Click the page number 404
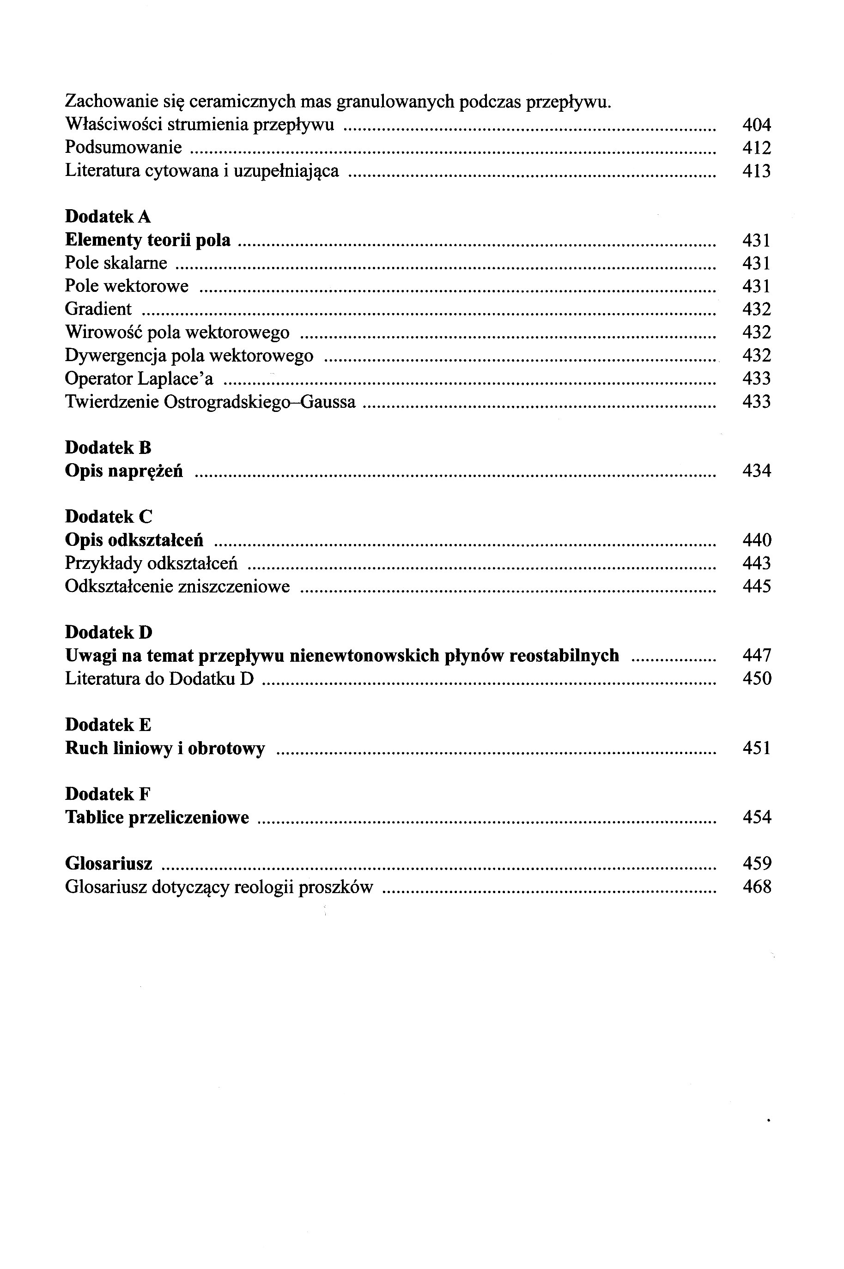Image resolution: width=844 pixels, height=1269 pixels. pyautogui.click(x=756, y=125)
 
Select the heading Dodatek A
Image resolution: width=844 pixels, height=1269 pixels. pyautogui.click(x=108, y=217)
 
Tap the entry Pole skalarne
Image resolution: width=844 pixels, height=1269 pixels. pyautogui.click(x=116, y=263)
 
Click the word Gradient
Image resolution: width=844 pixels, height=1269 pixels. pyautogui.click(x=98, y=309)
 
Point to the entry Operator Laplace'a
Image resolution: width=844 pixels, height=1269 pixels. pyautogui.click(x=139, y=379)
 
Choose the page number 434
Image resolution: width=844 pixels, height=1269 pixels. pyautogui.click(x=756, y=471)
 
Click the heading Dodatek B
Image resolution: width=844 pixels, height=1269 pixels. pyautogui.click(x=108, y=447)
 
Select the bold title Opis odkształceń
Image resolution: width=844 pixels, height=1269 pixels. pyautogui.click(x=134, y=540)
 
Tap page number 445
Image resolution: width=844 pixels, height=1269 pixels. pyautogui.click(x=756, y=586)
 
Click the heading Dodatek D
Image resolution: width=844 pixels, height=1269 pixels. pyautogui.click(x=108, y=632)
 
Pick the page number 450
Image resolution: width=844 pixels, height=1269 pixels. pyautogui.click(x=756, y=679)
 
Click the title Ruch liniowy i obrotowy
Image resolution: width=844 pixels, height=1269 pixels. pyautogui.click(x=165, y=748)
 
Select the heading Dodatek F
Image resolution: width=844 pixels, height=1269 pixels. pyautogui.click(x=108, y=794)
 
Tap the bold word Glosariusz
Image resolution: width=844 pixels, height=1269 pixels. pyautogui.click(x=108, y=864)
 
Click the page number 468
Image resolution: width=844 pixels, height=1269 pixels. pyautogui.click(x=756, y=887)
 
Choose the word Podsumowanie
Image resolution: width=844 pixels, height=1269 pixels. pyautogui.click(x=123, y=148)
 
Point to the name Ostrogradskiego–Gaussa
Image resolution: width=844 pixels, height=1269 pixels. pyautogui.click(x=260, y=402)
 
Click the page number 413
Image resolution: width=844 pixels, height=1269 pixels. pyautogui.click(x=756, y=171)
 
